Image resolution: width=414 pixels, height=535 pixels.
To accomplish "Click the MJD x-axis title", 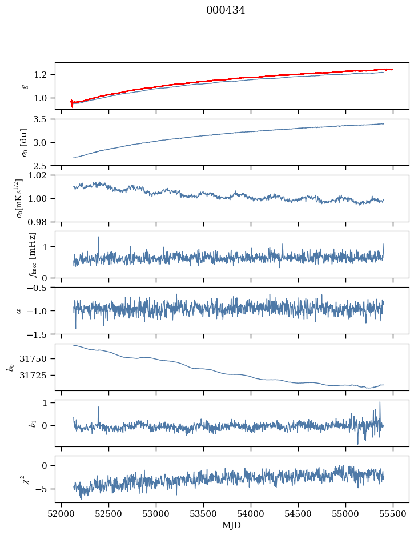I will tap(232, 525).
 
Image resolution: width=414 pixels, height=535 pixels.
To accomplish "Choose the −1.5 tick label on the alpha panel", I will tap(42, 334).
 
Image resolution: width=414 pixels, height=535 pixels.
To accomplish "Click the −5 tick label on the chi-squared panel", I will tap(46, 489).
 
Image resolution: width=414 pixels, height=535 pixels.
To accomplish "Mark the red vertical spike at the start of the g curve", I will tap(71, 103).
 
